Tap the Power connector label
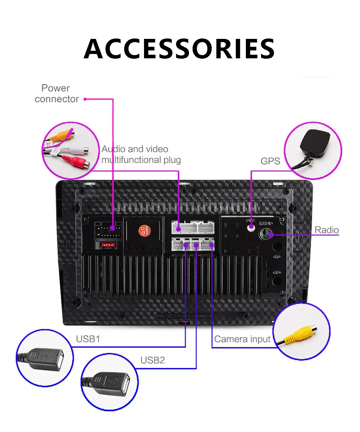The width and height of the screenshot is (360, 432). (57, 94)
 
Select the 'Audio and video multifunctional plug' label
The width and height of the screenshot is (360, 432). (141, 154)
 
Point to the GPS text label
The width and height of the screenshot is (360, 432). (270, 161)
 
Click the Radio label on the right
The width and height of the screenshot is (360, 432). (327, 230)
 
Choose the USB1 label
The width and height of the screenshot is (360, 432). (88, 339)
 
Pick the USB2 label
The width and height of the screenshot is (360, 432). (152, 360)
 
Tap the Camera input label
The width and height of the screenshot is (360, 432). (242, 339)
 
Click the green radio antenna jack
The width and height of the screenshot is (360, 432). (266, 234)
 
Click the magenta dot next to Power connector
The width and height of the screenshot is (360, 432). (85, 99)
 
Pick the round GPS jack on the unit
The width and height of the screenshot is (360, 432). (251, 228)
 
